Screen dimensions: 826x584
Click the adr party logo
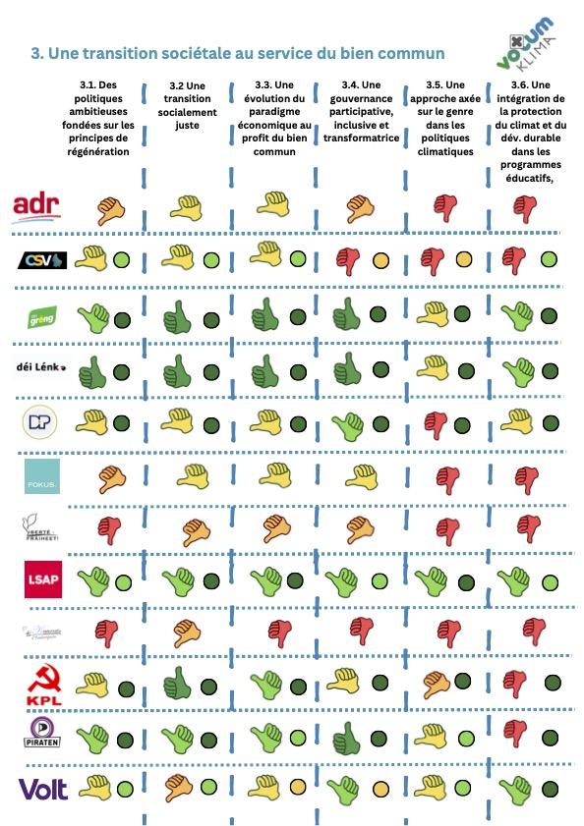coord(36,205)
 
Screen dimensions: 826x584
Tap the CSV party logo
coord(43,260)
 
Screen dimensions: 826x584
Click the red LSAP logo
coord(42,579)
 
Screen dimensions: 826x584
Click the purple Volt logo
coord(42,789)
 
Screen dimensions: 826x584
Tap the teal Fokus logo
coord(42,477)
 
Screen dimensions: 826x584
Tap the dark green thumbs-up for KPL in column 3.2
coord(180,681)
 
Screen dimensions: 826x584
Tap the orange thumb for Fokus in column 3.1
coord(111,477)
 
